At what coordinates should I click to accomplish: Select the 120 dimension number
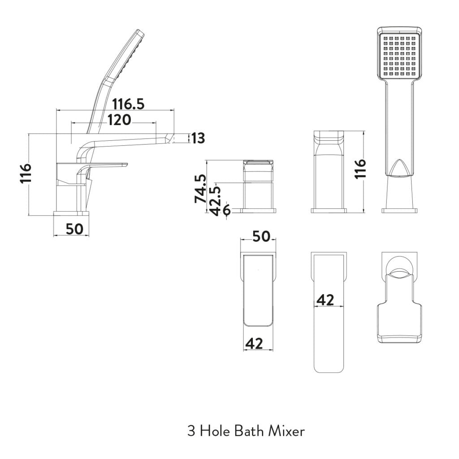[x=119, y=120]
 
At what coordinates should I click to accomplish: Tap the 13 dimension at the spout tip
[x=198, y=139]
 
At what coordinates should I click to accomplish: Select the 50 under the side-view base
[x=74, y=229]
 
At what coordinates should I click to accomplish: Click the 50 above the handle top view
[x=261, y=236]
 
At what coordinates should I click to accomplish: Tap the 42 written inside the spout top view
[x=325, y=300]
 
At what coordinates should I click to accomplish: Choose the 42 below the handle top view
[x=253, y=343]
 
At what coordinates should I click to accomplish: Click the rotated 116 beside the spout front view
[x=360, y=169]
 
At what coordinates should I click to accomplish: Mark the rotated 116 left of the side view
[x=26, y=173]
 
